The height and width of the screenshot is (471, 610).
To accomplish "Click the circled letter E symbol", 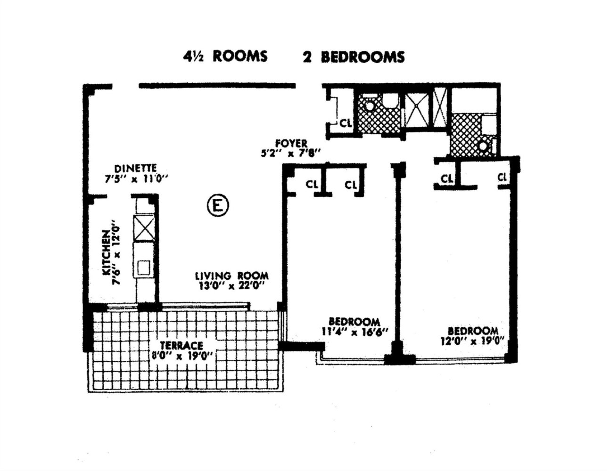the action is (218, 206).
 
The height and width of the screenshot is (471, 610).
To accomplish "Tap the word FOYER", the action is (291, 144).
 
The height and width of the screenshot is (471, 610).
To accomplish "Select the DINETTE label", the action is (136, 169).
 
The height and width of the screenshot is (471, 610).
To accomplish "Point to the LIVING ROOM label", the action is (232, 276).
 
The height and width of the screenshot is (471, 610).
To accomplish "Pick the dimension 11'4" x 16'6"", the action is (355, 333).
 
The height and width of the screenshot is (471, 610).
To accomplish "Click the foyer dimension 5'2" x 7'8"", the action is (290, 154).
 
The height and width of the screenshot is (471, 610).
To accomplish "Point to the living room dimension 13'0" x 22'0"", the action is (232, 286).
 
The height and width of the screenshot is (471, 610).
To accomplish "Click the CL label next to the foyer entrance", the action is (346, 123).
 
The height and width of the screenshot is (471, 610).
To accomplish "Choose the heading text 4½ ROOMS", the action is (225, 57).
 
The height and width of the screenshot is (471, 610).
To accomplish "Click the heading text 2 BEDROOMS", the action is (354, 57).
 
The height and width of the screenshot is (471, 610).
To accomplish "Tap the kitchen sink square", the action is (143, 268).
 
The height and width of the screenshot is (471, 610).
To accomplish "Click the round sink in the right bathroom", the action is (483, 146).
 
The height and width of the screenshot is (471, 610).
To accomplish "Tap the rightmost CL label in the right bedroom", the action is (502, 177).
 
